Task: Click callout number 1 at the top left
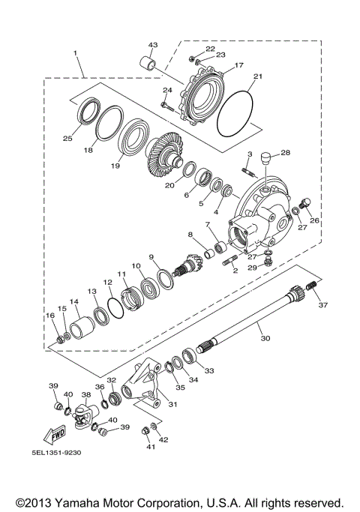pos(76,52)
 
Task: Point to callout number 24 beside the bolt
pos(167,91)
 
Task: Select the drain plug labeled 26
pos(306,202)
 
